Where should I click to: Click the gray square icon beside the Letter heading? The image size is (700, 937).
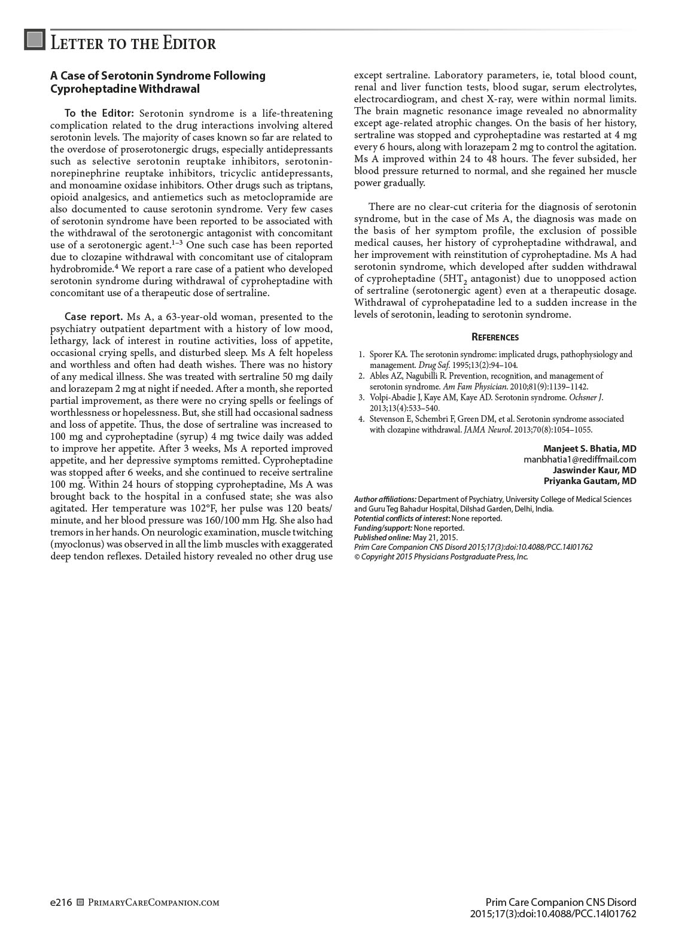[x=35, y=40]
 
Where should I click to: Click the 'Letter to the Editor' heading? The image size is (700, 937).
[x=133, y=44]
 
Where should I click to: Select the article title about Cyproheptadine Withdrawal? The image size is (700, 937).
[x=157, y=82]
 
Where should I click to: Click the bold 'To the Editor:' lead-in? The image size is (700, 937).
[x=100, y=114]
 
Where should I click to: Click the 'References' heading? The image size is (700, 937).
[x=495, y=337]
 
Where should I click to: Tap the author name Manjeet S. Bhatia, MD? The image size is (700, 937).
[x=589, y=449]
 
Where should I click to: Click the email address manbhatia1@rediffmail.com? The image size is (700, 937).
[x=580, y=460]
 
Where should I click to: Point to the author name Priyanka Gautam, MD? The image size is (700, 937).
[x=590, y=481]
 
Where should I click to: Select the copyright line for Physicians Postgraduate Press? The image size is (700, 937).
[x=441, y=556]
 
